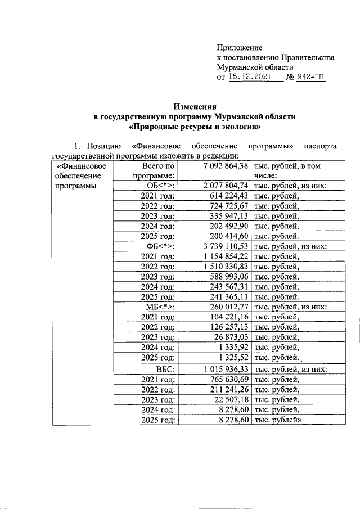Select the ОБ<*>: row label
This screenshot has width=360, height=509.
pos(160,186)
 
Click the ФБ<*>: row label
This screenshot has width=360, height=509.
pos(160,246)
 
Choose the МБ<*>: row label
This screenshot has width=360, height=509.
pos(160,307)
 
